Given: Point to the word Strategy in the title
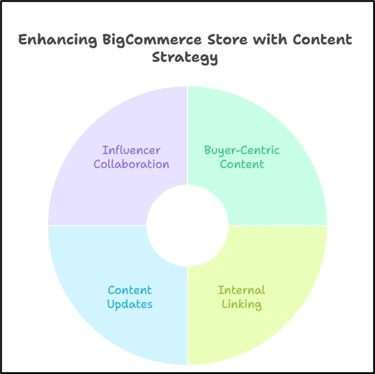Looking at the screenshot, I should point(185,58).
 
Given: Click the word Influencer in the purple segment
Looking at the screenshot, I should point(131,150).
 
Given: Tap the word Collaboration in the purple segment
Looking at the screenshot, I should point(131,164).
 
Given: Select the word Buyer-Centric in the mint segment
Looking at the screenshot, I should point(242,150).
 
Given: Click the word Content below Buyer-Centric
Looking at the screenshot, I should point(242,164).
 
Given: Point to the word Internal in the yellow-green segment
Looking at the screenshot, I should point(241,290).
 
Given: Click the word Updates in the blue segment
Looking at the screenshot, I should point(130,304).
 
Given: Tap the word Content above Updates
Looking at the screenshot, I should point(130,290).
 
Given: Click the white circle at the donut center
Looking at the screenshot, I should point(187,225).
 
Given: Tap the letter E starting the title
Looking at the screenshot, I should point(23,40).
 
